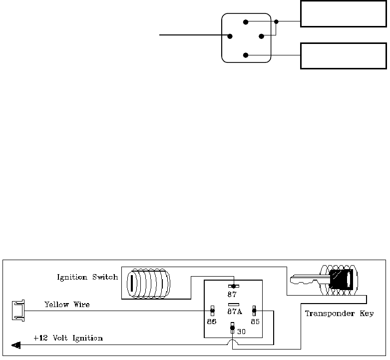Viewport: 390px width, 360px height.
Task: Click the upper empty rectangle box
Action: tap(343, 13)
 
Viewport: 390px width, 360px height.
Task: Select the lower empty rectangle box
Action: tap(343, 55)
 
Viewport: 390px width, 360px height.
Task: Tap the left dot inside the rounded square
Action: tap(230, 36)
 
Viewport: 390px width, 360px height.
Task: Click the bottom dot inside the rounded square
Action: tap(245, 55)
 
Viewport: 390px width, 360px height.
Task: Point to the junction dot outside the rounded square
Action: tap(277, 22)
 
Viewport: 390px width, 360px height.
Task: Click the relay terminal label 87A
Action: tap(235, 312)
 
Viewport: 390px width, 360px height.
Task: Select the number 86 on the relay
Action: tap(212, 322)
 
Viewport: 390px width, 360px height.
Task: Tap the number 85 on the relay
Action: tap(254, 322)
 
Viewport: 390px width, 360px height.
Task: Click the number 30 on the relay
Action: tap(241, 331)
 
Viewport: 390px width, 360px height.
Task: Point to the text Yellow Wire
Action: tap(67, 304)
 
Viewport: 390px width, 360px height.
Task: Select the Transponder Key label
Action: tap(339, 314)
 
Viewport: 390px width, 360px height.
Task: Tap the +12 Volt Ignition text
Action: tap(68, 338)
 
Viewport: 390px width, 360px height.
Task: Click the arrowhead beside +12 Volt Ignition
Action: tap(15, 344)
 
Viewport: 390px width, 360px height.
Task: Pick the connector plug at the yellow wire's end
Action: tap(17, 310)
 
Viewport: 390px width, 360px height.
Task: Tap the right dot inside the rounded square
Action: tap(261, 36)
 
